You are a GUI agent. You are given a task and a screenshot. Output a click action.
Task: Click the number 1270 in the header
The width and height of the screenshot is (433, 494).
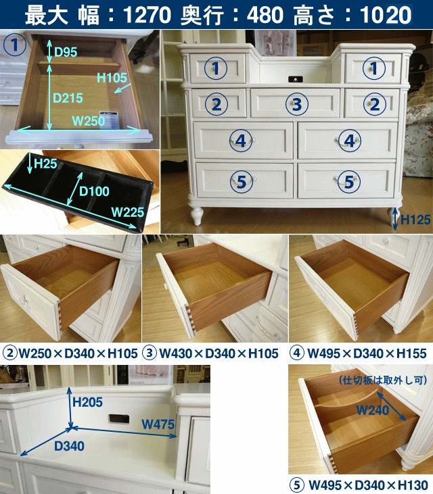coord(147,15)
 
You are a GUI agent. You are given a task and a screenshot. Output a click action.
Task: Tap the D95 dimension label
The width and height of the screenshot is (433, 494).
coord(66,52)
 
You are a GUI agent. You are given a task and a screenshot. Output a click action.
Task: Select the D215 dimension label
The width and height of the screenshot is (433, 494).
coord(68,98)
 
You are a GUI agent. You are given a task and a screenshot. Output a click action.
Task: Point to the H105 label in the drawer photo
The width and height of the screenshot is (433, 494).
coord(112,78)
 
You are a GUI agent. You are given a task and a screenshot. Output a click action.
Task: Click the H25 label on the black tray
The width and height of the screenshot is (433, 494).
coord(46,164)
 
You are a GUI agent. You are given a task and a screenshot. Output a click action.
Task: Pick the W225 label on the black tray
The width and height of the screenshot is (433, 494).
coord(127,212)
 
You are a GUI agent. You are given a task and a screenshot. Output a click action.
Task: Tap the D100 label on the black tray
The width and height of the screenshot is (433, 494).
coord(94,191)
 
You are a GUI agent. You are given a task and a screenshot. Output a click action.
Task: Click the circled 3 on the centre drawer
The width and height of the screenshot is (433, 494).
coord(297,104)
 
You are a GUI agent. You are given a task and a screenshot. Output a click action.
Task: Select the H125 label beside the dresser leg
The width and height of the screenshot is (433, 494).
coord(415,220)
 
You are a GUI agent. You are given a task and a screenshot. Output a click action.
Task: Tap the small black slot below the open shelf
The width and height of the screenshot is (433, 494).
coord(295,79)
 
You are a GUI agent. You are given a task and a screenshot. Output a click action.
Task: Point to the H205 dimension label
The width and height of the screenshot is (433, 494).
coord(87,402)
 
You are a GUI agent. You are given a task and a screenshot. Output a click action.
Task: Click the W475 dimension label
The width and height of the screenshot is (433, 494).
coord(158,424)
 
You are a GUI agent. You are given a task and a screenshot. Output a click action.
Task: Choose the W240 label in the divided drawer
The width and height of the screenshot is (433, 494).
coord(373,410)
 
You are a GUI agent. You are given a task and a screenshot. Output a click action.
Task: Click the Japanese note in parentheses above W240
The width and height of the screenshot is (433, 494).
coord(383,380)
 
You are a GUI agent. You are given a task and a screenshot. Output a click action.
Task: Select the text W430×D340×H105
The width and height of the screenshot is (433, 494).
coord(219,353)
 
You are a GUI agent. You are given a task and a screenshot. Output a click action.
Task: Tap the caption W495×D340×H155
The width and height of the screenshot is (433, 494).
coord(367,353)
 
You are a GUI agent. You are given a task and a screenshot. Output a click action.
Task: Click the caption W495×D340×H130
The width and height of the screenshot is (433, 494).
coord(368,485)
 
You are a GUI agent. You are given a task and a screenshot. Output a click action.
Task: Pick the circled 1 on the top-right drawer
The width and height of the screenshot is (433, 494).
coord(374,68)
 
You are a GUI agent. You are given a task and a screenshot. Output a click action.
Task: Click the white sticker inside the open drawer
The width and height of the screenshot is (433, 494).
coord(109,120)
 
